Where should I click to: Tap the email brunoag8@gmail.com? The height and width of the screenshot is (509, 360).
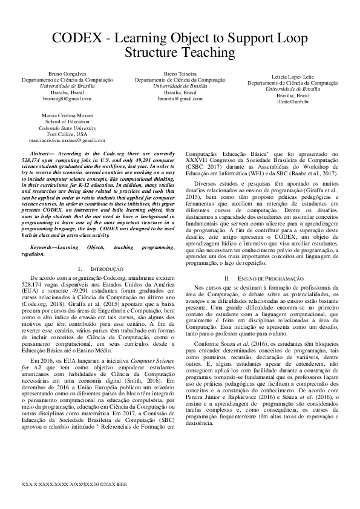pos(67,97)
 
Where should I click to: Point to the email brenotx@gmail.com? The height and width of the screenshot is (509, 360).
pos(180,97)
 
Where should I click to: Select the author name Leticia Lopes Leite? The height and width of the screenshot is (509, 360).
pos(292,77)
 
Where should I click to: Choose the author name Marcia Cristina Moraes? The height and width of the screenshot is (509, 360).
pos(67,115)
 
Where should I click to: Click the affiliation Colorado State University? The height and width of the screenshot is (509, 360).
pos(67,127)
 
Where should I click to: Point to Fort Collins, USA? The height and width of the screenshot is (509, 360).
pos(67,133)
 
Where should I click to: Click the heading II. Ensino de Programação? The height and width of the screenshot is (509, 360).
pos(263,277)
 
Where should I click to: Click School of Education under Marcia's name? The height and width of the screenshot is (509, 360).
pos(67,121)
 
